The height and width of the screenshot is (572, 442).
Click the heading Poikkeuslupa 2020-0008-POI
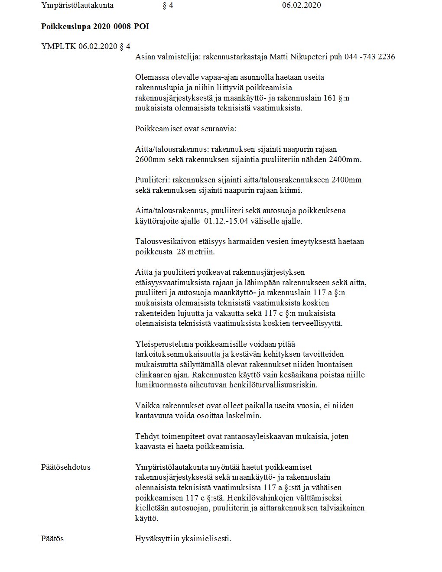[95, 26]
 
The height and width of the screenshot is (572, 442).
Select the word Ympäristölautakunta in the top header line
[77, 6]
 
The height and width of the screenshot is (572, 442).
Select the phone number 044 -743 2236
[370, 57]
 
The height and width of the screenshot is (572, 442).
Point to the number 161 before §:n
[330, 98]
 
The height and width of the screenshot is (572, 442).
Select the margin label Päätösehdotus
[66, 467]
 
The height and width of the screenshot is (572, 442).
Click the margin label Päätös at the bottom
[52, 539]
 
